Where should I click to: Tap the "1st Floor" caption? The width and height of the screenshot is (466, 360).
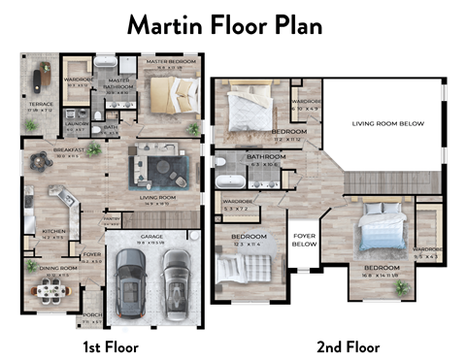[109, 345]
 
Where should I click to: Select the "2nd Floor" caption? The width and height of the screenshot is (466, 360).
[348, 345]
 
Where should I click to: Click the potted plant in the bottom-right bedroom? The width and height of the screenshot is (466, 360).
[401, 287]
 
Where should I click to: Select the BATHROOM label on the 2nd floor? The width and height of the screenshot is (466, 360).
[265, 157]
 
